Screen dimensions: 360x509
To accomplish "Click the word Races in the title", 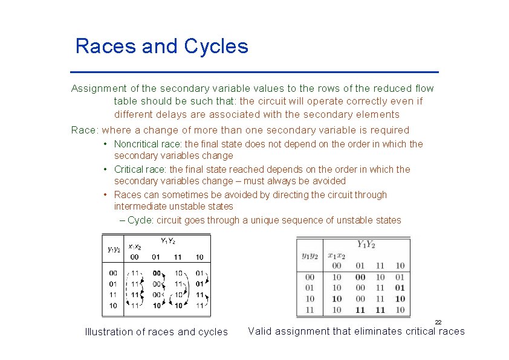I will point(106,47).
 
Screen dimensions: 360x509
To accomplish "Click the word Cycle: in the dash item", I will point(141,220).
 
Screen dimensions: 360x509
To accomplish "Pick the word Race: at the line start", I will point(85,130).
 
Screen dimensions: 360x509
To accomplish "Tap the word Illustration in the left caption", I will point(109,332).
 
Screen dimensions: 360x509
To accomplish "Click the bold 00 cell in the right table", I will point(360,277).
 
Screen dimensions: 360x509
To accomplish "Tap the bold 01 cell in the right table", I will point(400,288).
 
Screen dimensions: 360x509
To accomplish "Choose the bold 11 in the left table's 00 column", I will point(135,295).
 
